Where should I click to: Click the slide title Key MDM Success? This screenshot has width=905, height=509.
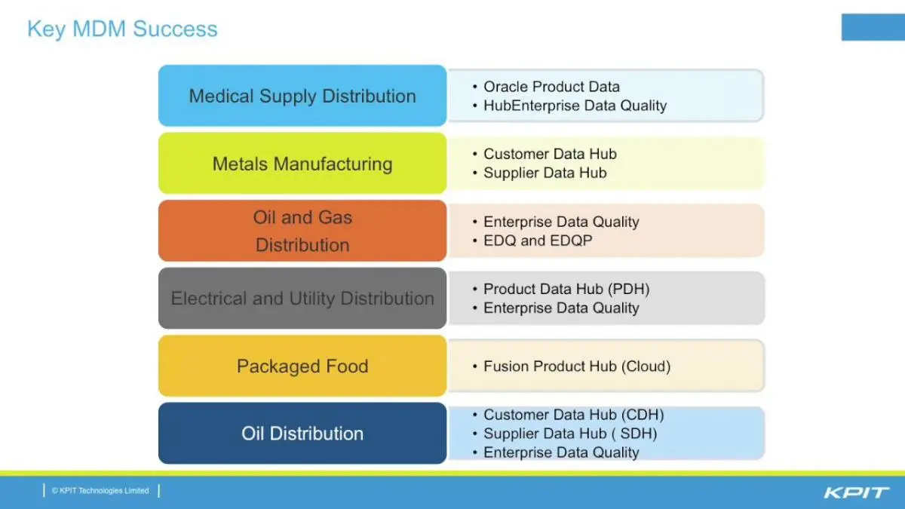click(x=122, y=29)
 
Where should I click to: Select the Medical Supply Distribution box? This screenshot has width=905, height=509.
click(x=302, y=96)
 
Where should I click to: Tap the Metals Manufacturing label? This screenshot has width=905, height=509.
click(x=302, y=164)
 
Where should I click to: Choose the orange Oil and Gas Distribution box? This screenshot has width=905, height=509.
click(x=302, y=231)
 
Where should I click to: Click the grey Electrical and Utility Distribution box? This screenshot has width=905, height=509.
click(x=302, y=298)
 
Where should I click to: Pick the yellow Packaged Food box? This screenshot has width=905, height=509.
click(x=302, y=366)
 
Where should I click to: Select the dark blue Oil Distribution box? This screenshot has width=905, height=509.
click(x=302, y=434)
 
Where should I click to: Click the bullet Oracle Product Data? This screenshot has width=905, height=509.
click(x=551, y=87)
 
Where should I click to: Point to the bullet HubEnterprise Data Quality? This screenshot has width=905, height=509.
click(x=575, y=106)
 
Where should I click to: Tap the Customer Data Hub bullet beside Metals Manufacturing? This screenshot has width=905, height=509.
click(x=550, y=154)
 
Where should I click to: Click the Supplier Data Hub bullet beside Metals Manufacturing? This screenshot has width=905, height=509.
click(x=545, y=173)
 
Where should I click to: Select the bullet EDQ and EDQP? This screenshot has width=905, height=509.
click(x=538, y=241)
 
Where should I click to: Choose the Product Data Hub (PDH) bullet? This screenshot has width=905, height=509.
click(x=566, y=290)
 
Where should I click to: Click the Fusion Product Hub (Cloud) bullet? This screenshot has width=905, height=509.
click(x=577, y=366)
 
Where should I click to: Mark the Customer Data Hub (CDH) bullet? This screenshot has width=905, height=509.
click(x=574, y=415)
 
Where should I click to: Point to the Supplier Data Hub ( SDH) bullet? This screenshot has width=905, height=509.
click(x=570, y=434)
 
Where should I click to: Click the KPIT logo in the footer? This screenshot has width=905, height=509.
click(x=856, y=493)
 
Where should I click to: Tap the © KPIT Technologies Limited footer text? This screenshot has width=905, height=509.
click(x=100, y=491)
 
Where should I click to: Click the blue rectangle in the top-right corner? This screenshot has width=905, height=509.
click(x=873, y=27)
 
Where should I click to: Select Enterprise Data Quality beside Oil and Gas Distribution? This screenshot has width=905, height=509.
click(x=561, y=222)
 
